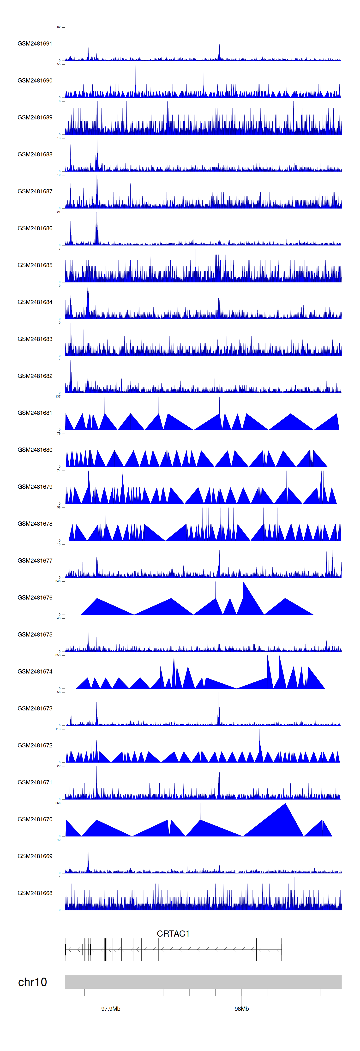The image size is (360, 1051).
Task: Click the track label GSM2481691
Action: [x=35, y=44]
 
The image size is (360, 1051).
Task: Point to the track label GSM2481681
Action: [x=35, y=413]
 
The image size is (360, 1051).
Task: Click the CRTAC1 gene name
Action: [x=173, y=933]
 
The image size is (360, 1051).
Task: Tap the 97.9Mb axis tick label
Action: [x=111, y=1009]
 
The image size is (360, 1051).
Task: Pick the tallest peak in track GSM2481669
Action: [x=88, y=841]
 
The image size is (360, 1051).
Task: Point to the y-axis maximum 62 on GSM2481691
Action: [x=59, y=27]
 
